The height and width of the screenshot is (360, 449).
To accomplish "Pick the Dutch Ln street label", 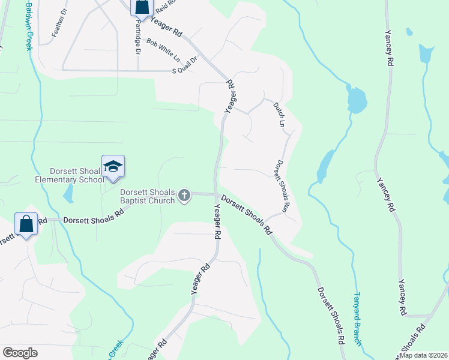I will click(278, 115).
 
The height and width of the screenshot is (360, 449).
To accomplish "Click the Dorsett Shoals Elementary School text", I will click(70, 175).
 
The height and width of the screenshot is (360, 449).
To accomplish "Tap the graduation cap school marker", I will click(113, 167).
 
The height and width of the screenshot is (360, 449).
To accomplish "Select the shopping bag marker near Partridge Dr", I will click(142, 7).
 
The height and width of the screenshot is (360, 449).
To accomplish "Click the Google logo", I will click(20, 353).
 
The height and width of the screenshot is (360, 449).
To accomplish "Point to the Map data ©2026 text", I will click(423, 355).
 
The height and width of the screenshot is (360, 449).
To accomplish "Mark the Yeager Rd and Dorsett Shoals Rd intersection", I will click(216, 194).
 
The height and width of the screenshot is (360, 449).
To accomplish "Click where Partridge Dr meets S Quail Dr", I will click(138, 70).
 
